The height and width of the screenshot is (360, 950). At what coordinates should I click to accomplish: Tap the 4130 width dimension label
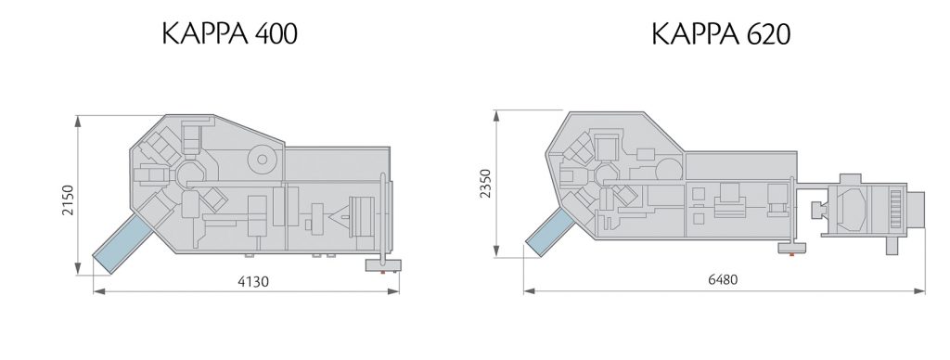pos(247,282)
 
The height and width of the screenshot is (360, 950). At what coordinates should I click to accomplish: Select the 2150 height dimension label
pos(68,197)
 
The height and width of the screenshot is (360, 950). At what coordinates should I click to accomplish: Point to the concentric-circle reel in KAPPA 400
pos(264,161)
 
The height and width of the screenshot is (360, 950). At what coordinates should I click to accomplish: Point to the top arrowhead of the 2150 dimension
pos(78,119)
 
